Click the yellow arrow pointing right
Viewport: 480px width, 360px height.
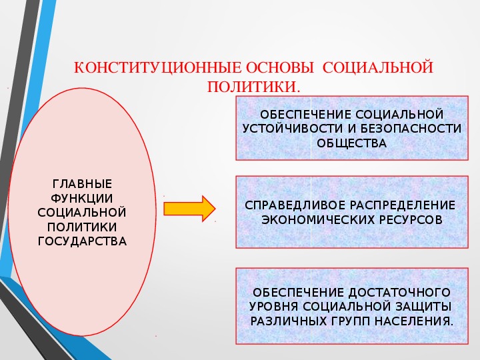pyautogui.click(x=189, y=209)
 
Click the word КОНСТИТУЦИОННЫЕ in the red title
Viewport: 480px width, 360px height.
pyautogui.click(x=157, y=67)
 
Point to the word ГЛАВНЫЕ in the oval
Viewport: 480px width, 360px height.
pyautogui.click(x=83, y=184)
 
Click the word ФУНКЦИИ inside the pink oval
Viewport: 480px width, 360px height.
pyautogui.click(x=82, y=199)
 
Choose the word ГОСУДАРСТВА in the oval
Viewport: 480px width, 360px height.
pyautogui.click(x=82, y=241)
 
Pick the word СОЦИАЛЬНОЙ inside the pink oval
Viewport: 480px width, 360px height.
pyautogui.click(x=82, y=213)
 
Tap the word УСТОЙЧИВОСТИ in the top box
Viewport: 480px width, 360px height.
pyautogui.click(x=293, y=129)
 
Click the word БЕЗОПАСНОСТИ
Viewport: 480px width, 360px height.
pyautogui.click(x=411, y=129)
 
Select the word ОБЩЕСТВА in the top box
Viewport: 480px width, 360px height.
pyautogui.click(x=352, y=143)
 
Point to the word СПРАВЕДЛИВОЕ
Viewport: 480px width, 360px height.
pyautogui.click(x=295, y=205)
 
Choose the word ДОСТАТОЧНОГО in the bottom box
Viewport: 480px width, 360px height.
pyautogui.click(x=399, y=293)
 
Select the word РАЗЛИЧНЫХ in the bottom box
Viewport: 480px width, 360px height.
pyautogui.click(x=289, y=321)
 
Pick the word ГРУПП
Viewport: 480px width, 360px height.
pyautogui.click(x=351, y=321)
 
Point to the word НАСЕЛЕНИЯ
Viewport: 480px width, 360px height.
pyautogui.click(x=414, y=321)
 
